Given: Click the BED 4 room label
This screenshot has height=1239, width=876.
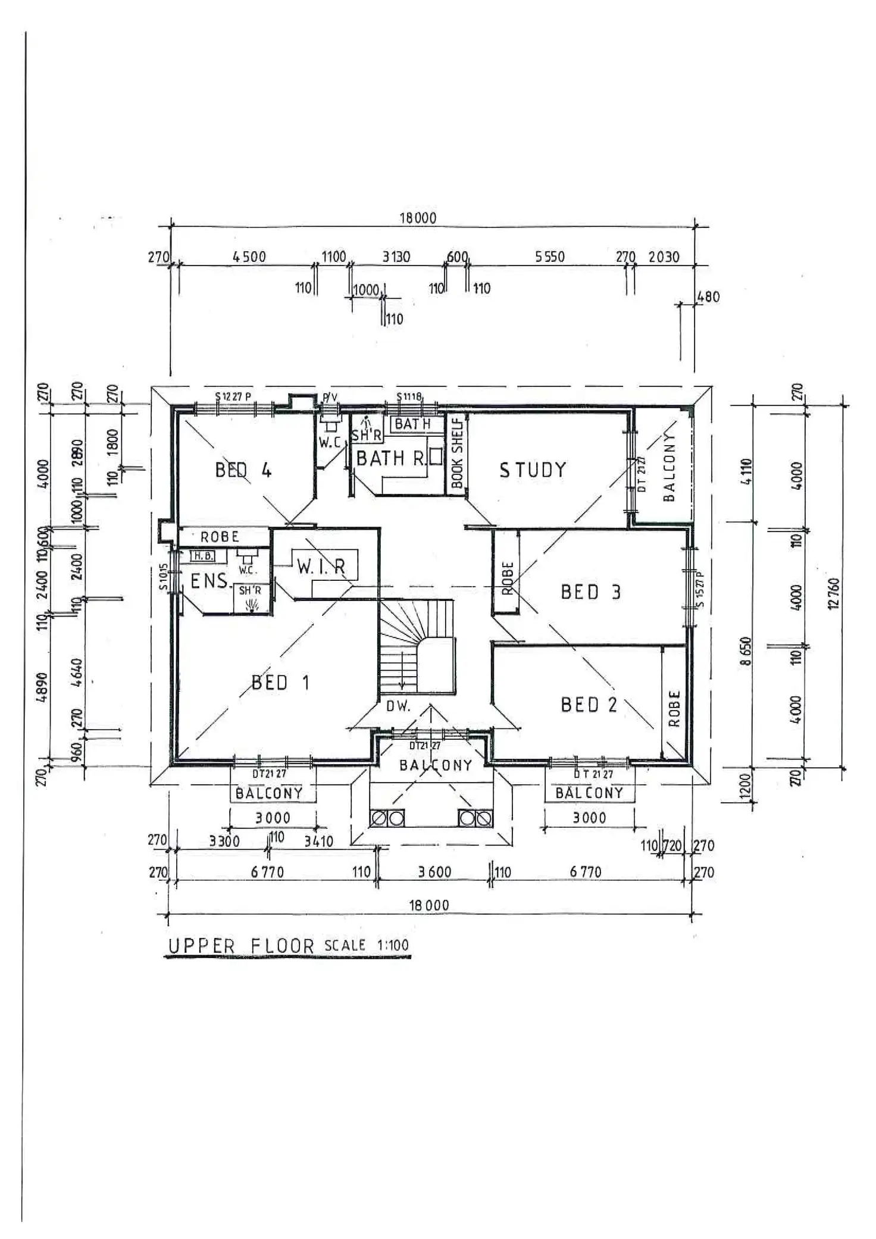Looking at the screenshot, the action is click(243, 470).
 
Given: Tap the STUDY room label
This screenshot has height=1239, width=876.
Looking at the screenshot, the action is click(533, 470).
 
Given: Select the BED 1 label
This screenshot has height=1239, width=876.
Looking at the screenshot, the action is click(280, 682).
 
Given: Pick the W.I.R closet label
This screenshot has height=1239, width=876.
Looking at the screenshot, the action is click(321, 567).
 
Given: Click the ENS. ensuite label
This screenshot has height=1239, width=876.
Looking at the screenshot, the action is click(209, 581).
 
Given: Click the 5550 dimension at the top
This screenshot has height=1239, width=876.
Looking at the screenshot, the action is click(549, 257).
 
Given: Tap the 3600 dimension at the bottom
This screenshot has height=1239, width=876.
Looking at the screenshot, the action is click(434, 872).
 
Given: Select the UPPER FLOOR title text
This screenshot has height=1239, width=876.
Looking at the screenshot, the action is click(240, 946).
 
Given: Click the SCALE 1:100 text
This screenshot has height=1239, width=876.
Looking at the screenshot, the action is click(367, 945).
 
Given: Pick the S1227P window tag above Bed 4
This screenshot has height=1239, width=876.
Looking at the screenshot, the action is click(233, 396).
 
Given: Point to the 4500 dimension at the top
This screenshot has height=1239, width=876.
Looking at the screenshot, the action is click(249, 257).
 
